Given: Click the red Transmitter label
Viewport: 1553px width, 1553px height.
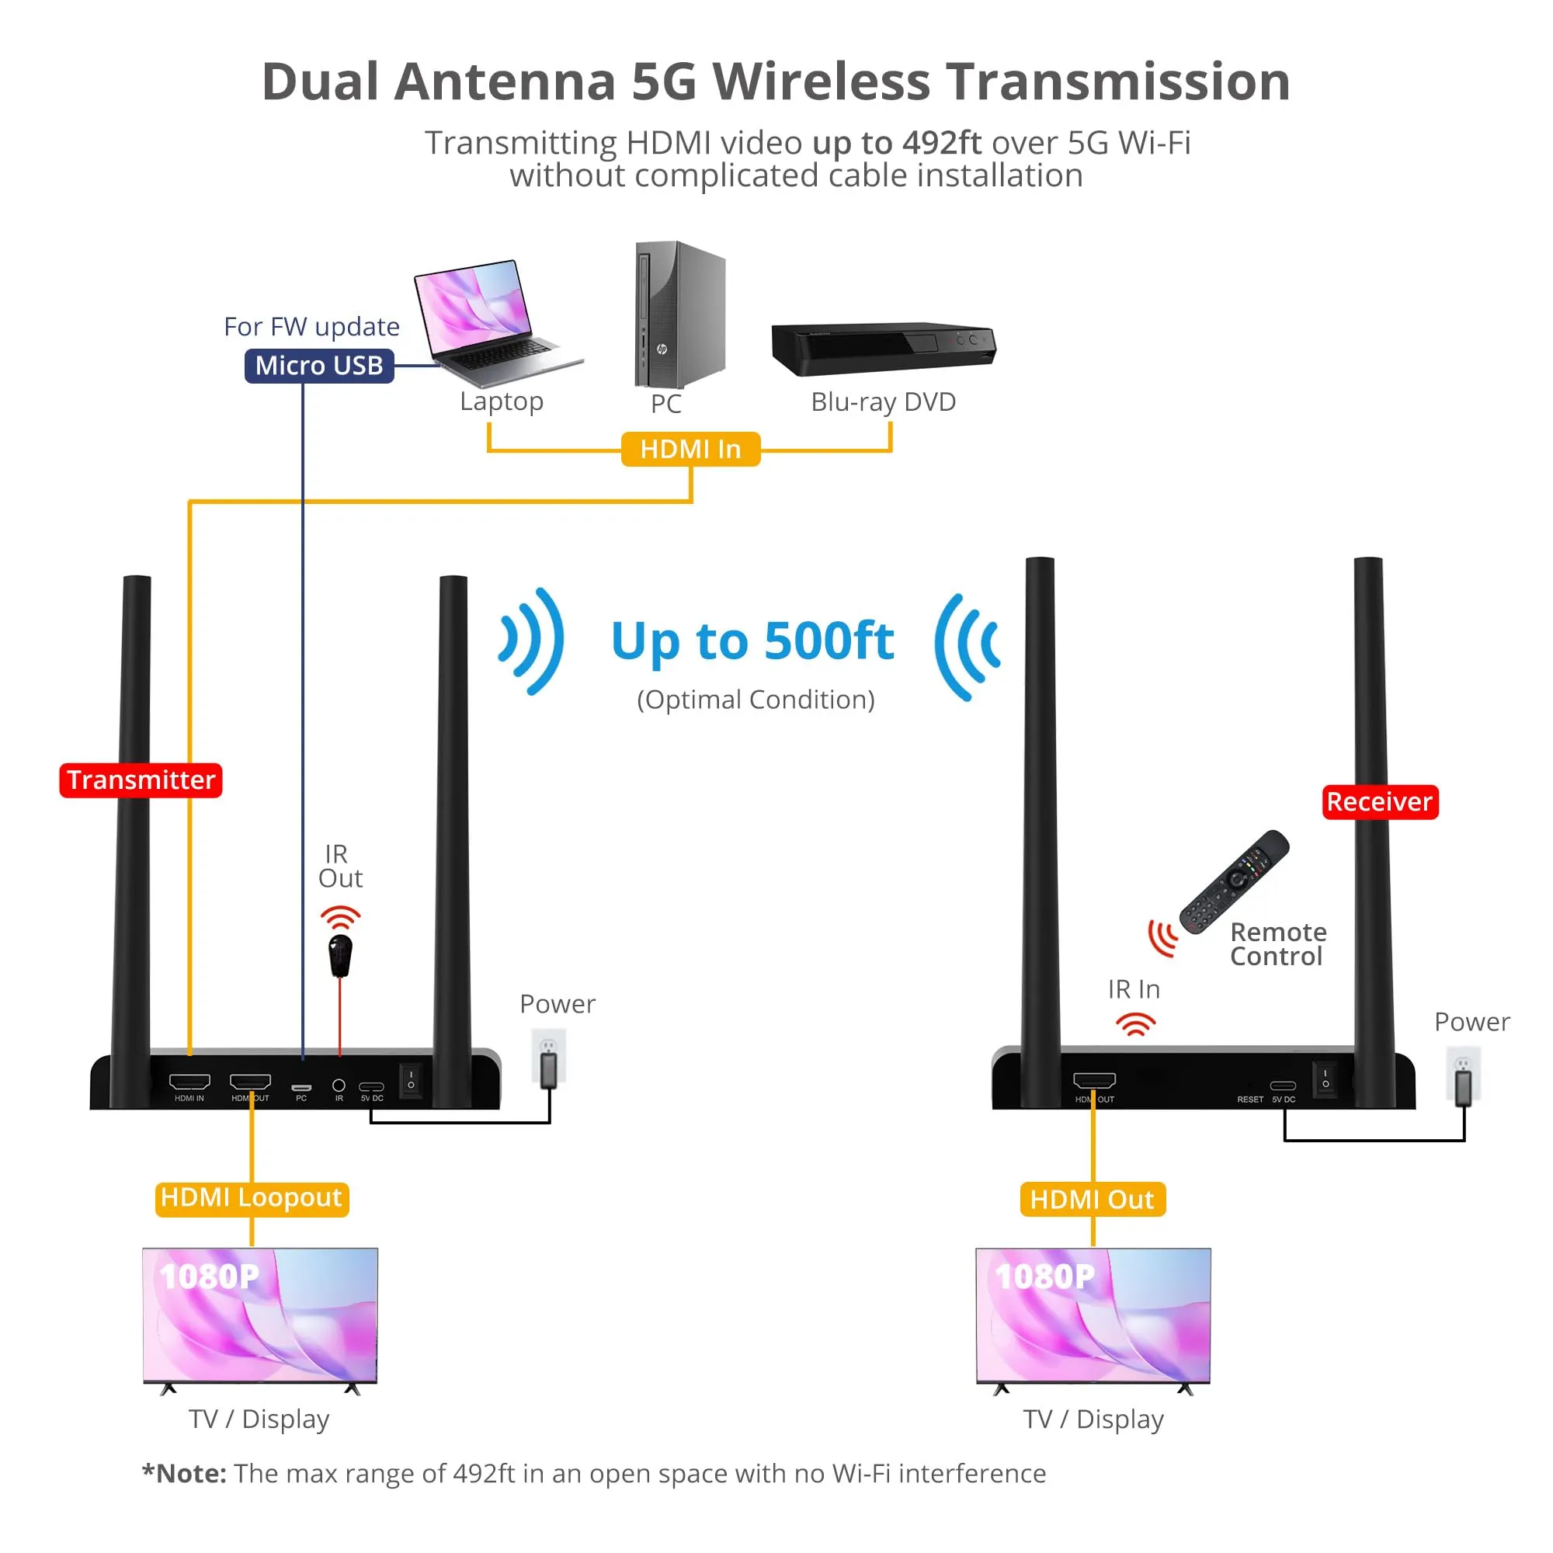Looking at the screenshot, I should pyautogui.click(x=141, y=780).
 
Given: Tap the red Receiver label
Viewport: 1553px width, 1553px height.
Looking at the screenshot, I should pyautogui.click(x=1379, y=801).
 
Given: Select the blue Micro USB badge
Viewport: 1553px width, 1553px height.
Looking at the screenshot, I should pyautogui.click(x=319, y=366).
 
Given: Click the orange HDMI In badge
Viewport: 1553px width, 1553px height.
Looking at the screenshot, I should pyautogui.click(x=690, y=450).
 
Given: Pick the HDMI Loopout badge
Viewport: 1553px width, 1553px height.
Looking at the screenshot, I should pyautogui.click(x=252, y=1198).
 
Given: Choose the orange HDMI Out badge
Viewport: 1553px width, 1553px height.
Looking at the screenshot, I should pyautogui.click(x=1093, y=1200).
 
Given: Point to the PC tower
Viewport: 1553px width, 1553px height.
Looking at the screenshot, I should pyautogui.click(x=679, y=314).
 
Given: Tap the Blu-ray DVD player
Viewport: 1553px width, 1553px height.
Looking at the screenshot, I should pyautogui.click(x=883, y=348).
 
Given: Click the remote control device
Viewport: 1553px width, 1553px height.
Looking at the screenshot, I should pyautogui.click(x=1235, y=881).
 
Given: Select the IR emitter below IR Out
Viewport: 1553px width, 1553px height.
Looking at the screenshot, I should pyautogui.click(x=341, y=955).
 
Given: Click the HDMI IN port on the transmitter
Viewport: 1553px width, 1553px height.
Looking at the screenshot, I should pyautogui.click(x=189, y=1082).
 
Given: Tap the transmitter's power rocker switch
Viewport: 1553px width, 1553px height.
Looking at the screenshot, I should pyautogui.click(x=411, y=1079).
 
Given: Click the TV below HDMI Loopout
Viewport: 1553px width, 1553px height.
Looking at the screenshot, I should pyautogui.click(x=259, y=1318).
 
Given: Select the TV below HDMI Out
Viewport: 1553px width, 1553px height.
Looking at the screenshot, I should pyautogui.click(x=1093, y=1318).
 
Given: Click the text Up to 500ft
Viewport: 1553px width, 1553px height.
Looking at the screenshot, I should pyautogui.click(x=752, y=641).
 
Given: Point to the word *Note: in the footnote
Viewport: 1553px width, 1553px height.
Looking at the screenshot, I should pyautogui.click(x=184, y=1474).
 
